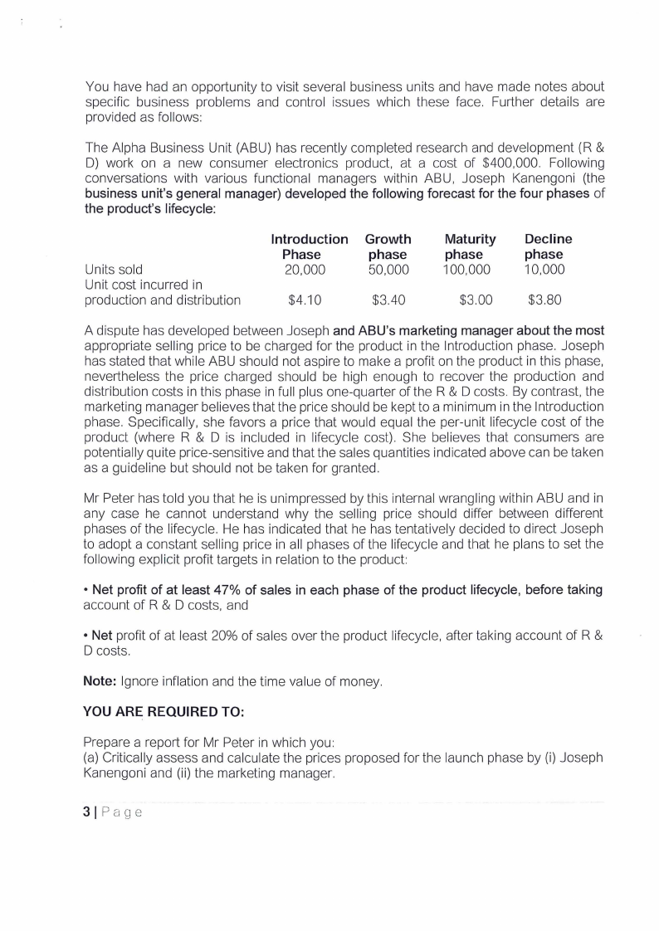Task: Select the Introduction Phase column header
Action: tap(310, 246)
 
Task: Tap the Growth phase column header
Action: tap(388, 246)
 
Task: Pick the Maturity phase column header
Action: tap(470, 246)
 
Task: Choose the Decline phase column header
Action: tap(548, 246)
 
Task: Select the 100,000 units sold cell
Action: tap(466, 270)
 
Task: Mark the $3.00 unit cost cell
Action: tap(476, 300)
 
